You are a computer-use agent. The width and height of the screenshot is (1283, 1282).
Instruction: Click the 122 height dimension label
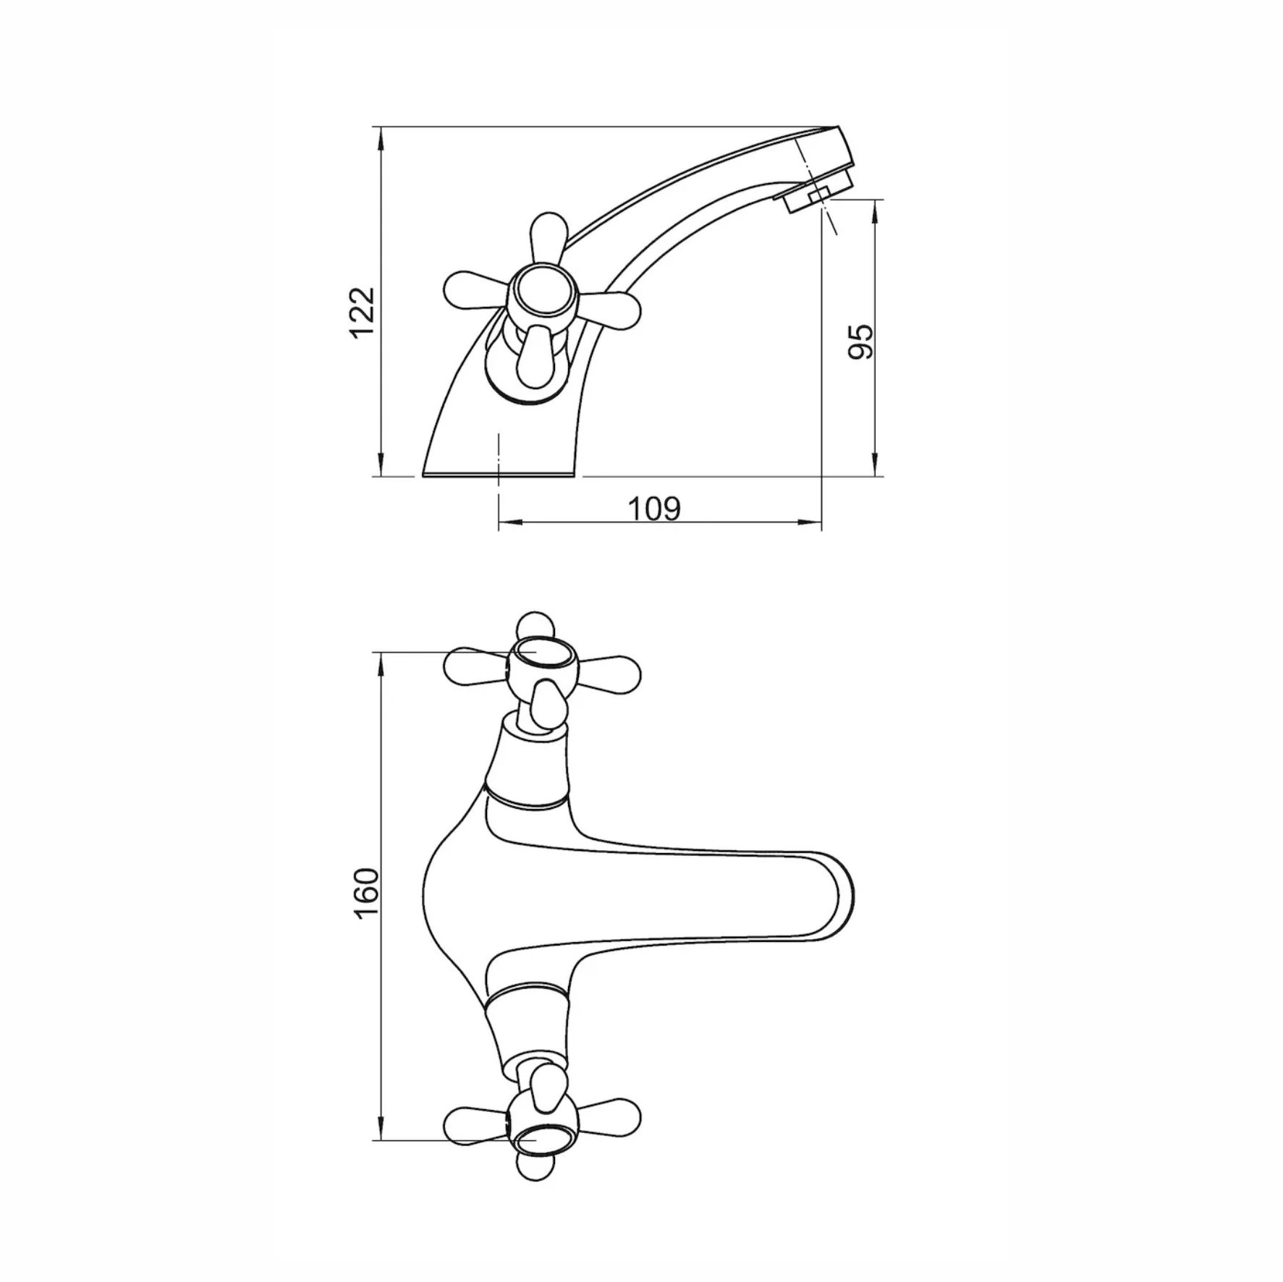363,313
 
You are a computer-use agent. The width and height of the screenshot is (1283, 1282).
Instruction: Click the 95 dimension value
860,341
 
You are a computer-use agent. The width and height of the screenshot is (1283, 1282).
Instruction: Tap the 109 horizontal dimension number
654,509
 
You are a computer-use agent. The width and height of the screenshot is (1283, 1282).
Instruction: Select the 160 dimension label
368,893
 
